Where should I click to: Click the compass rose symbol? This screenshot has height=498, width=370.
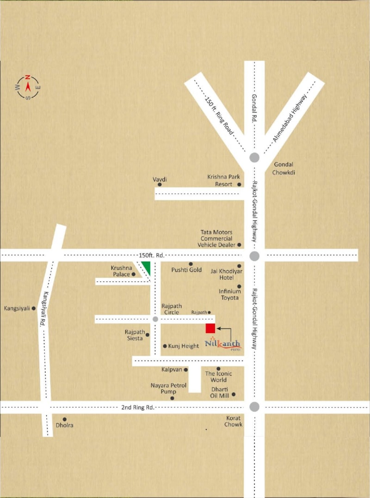(28, 87)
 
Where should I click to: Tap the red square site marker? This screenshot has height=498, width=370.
(210, 328)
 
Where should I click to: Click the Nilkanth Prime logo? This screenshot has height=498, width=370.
(223, 344)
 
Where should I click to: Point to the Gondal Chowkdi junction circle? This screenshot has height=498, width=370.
(254, 157)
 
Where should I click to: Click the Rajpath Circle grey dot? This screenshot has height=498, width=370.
(155, 319)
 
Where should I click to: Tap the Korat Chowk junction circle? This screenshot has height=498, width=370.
(254, 407)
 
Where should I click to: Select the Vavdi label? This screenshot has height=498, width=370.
(160, 179)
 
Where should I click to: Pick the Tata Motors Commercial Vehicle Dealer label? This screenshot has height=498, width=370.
(216, 238)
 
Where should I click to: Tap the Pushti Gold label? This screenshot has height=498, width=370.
(186, 270)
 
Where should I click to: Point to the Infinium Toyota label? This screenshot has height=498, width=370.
(230, 294)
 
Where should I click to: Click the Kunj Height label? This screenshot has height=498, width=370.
(184, 346)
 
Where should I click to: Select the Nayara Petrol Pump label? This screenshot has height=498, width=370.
(168, 388)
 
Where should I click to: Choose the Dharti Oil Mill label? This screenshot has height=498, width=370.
(220, 392)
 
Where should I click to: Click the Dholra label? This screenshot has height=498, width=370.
(65, 425)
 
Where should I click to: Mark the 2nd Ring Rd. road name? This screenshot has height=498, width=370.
(137, 407)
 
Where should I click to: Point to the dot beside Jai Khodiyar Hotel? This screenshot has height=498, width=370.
(239, 266)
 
